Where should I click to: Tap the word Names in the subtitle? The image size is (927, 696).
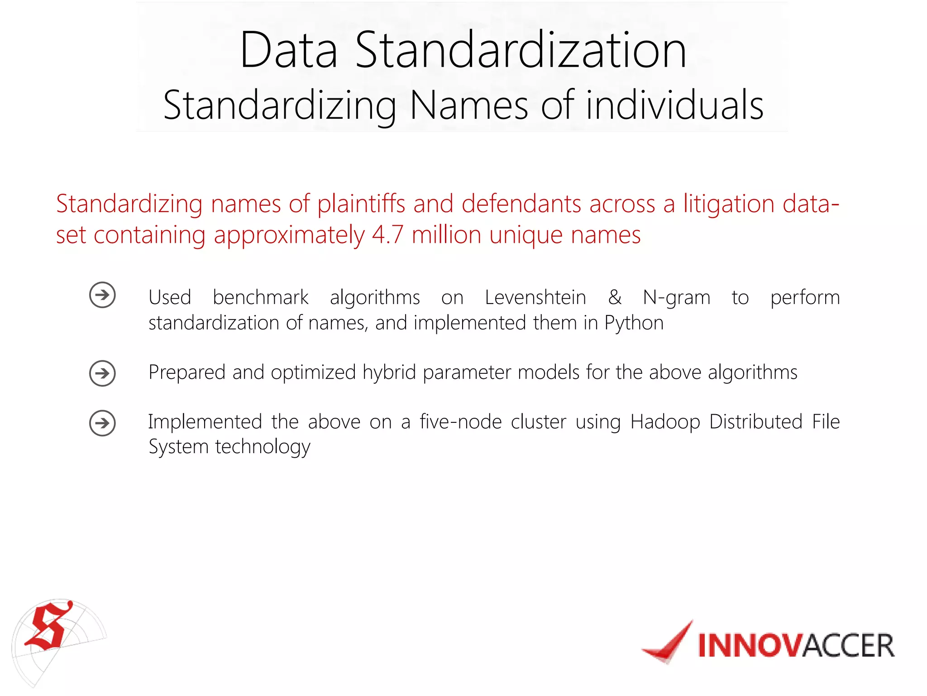pyautogui.click(x=469, y=105)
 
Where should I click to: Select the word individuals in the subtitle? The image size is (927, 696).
pyautogui.click(x=674, y=105)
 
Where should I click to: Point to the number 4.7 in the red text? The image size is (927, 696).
pyautogui.click(x=387, y=235)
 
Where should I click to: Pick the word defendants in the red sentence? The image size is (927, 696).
pyautogui.click(x=521, y=204)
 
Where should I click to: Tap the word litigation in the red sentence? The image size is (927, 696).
pyautogui.click(x=729, y=204)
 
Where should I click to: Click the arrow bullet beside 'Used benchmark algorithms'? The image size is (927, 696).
pyautogui.click(x=102, y=295)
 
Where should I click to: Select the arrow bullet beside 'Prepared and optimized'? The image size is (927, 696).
pyautogui.click(x=102, y=373)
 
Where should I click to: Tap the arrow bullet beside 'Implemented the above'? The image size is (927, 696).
pyautogui.click(x=102, y=423)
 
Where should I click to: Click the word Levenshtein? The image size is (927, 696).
pyautogui.click(x=535, y=298)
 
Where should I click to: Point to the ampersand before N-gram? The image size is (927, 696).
pyautogui.click(x=615, y=298)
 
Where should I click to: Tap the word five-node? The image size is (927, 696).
pyautogui.click(x=460, y=422)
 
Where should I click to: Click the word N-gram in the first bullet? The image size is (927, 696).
pyautogui.click(x=676, y=298)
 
